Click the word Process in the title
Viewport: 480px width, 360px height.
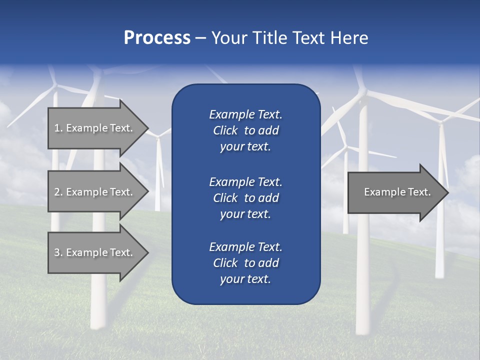click(157, 38)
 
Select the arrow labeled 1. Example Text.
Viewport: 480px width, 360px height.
click(95, 128)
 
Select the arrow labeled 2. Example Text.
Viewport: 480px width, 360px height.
click(95, 192)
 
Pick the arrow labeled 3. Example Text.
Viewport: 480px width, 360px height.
click(95, 252)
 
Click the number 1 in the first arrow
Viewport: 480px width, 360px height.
click(57, 128)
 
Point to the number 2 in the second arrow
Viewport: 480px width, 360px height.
click(57, 192)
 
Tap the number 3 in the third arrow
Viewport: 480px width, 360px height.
click(57, 252)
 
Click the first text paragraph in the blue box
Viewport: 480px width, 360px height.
click(245, 130)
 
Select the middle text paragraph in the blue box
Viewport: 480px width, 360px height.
click(245, 198)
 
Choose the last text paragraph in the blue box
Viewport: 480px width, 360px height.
click(245, 263)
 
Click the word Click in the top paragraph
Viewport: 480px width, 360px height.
click(225, 130)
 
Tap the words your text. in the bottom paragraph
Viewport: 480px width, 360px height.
click(245, 279)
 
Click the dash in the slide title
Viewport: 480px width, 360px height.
click(200, 38)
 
